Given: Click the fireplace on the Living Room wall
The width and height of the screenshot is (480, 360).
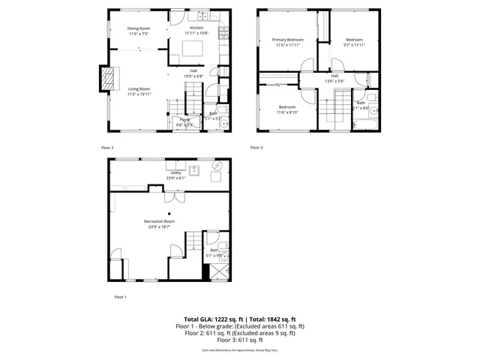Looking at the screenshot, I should (x=109, y=77).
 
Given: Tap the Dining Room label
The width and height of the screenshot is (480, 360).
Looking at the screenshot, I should (x=139, y=28).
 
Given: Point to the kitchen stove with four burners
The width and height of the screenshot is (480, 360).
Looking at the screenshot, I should (x=223, y=31).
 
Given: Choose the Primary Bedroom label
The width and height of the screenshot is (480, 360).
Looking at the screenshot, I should (x=288, y=40).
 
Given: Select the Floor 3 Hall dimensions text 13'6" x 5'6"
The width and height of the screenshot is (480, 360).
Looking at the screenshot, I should (x=334, y=81).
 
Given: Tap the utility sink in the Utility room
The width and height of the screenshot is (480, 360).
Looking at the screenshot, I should (x=193, y=169).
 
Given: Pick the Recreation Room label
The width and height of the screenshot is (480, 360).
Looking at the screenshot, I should (x=159, y=221).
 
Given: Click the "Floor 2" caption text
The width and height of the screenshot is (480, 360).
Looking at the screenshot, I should (x=107, y=148).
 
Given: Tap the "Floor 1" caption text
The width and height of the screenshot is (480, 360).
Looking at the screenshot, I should (x=120, y=297).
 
